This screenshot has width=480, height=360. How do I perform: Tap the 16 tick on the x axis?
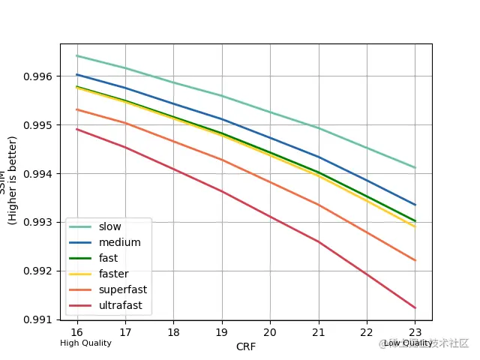click(76, 331)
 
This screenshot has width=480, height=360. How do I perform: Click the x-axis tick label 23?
click(415, 331)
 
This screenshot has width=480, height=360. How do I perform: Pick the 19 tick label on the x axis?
click(221, 331)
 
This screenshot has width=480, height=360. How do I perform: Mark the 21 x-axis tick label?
click(318, 331)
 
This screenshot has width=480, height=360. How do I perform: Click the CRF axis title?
click(245, 346)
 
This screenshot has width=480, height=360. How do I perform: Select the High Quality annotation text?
click(85, 343)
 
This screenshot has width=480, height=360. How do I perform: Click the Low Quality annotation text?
click(408, 343)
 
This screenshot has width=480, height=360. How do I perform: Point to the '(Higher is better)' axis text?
click(13, 180)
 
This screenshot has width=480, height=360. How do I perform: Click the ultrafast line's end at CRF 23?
click(415, 307)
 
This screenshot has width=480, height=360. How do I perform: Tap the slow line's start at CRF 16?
click(76, 55)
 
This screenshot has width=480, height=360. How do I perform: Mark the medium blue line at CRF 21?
click(318, 157)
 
